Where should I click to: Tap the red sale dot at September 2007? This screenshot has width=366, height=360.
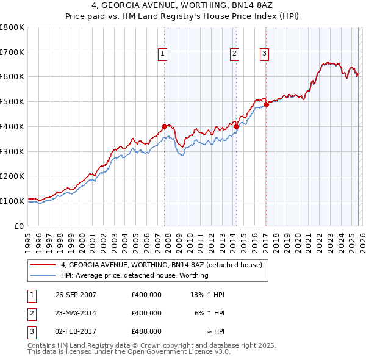pyautogui.click(x=164, y=126)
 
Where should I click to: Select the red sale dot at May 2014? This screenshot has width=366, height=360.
pyautogui.click(x=235, y=126)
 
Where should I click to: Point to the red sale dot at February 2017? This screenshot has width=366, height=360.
pyautogui.click(x=266, y=104)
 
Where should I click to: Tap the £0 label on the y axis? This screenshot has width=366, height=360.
pyautogui.click(x=20, y=225)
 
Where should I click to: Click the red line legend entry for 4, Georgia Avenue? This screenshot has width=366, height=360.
pyautogui.click(x=161, y=265)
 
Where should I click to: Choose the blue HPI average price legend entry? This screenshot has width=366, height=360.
pyautogui.click(x=134, y=275)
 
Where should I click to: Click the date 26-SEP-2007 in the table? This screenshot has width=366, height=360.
pyautogui.click(x=76, y=295)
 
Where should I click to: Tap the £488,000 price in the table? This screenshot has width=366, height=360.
pyautogui.click(x=146, y=331)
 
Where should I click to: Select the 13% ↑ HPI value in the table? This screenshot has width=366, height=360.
pyautogui.click(x=207, y=295)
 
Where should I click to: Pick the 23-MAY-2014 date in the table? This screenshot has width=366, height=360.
pyautogui.click(x=76, y=313)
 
